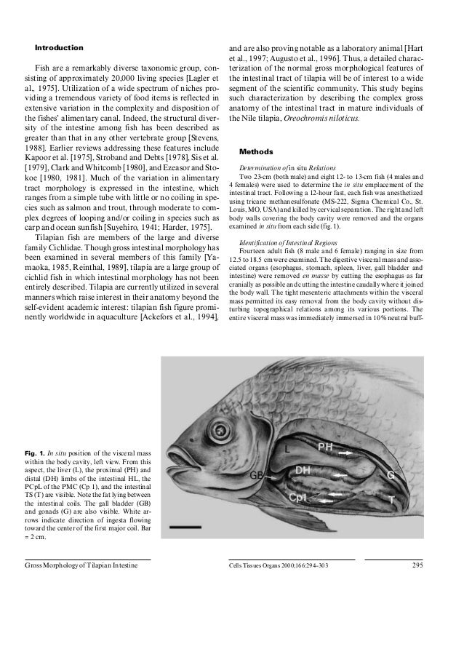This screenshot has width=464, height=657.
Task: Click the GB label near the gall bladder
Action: click(256, 475)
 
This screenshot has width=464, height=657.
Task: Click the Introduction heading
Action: click(57, 47)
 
